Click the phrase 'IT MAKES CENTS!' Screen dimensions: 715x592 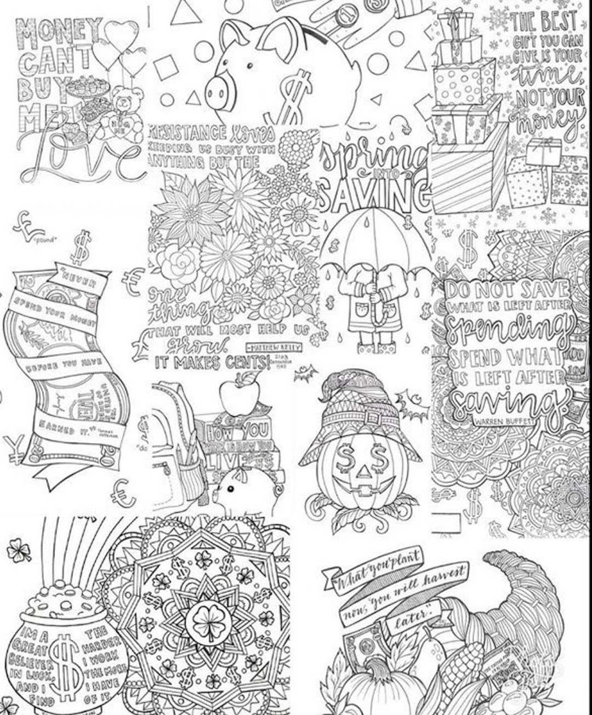(212, 362)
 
